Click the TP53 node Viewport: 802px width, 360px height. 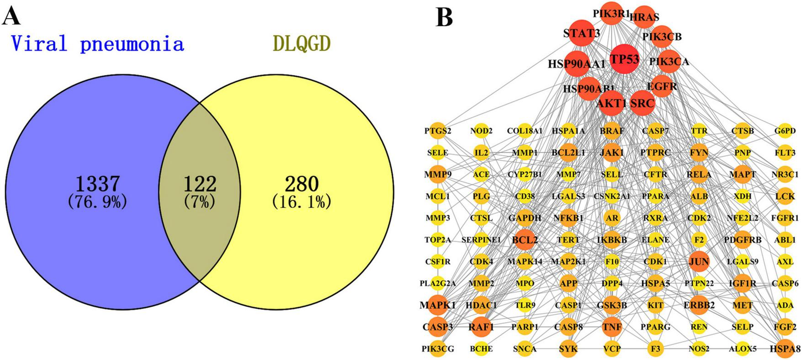point(624,59)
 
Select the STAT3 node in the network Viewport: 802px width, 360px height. point(581,33)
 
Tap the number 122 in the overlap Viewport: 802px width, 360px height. point(199,184)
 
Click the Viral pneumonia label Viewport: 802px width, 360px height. point(98,44)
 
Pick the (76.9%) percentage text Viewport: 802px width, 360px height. point(97,201)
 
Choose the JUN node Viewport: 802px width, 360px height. point(699,262)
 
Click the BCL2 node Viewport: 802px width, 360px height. point(525,240)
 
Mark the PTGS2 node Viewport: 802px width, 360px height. point(437,131)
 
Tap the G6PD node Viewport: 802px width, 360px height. point(785,131)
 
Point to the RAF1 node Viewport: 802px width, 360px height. point(481,327)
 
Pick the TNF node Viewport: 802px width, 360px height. point(612,327)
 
